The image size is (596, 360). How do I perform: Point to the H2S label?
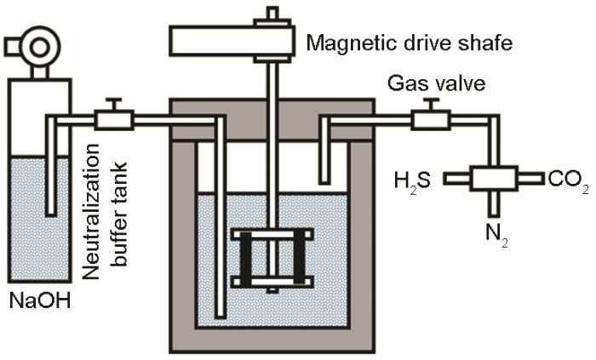click(412, 180)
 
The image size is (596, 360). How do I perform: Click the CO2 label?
click(568, 181)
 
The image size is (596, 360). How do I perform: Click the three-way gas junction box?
click(494, 179)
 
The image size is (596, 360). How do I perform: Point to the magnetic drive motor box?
click(221, 39)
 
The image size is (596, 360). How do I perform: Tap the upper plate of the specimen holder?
click(272, 234)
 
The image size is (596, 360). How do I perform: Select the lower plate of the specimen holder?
click(272, 282)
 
